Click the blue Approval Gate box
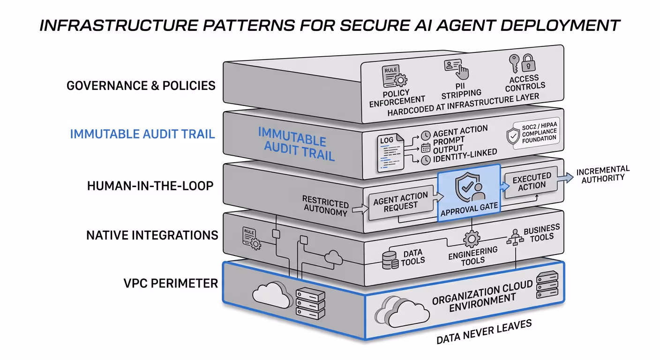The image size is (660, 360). [x=469, y=193]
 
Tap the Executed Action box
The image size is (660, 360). [x=531, y=181]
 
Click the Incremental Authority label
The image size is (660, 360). [x=603, y=174]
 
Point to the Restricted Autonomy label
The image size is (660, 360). [x=325, y=205]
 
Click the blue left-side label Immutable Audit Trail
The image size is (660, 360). [x=142, y=134]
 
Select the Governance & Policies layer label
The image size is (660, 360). [x=141, y=85]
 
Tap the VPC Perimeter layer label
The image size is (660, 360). [x=171, y=283]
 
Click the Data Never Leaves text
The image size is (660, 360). [x=484, y=332]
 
